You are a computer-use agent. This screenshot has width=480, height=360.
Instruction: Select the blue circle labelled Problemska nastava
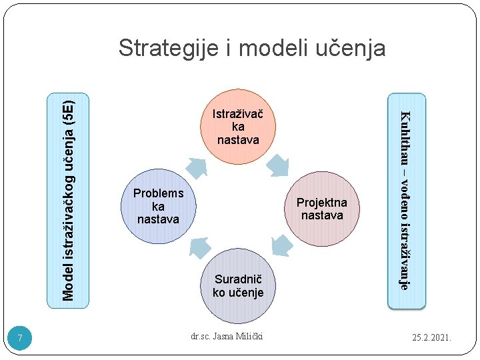[158, 205]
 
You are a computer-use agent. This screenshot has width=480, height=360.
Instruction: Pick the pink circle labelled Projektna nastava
[322, 209]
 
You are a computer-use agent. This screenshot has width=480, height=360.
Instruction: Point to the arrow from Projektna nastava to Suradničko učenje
[281, 246]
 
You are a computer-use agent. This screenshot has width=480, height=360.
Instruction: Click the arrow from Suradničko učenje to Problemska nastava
[199, 246]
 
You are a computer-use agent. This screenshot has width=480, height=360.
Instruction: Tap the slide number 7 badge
[21, 339]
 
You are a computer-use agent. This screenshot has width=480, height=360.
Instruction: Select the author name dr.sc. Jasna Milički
[227, 336]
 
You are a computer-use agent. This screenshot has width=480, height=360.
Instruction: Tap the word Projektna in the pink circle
[322, 203]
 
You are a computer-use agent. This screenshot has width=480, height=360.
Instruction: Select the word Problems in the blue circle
[158, 193]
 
